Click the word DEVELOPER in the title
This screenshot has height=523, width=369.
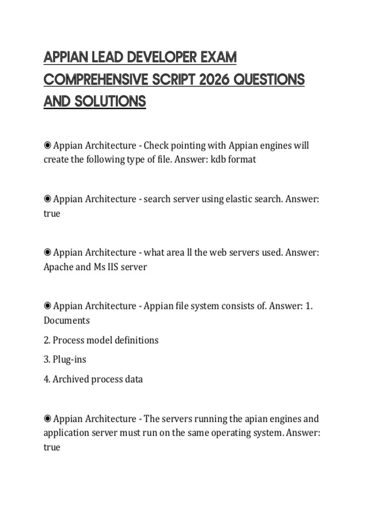pos(162,58)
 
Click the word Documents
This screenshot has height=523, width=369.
pos(67,320)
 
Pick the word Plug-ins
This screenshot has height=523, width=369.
pos(69,359)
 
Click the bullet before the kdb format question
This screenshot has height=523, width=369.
pos(47,145)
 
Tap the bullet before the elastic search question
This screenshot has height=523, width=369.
pos(47,199)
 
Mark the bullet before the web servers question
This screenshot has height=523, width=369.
pos(47,252)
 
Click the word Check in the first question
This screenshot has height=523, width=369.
pos(156,145)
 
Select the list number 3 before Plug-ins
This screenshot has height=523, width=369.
pos(46,359)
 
